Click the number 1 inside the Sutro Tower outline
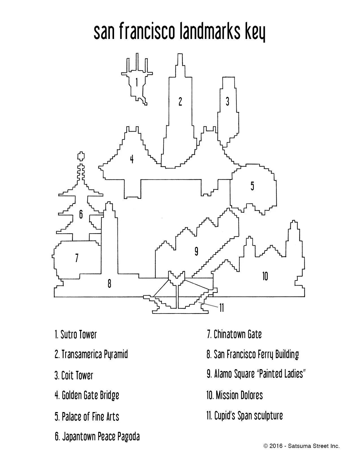coord(137,82)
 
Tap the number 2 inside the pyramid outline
coord(180,101)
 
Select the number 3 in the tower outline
coord(228,101)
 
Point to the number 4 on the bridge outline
coord(132,159)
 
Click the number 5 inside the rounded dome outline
coord(252,186)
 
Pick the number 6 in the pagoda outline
coord(81,215)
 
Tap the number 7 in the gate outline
coord(77,258)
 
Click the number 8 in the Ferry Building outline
coord(110,283)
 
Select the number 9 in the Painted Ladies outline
coord(197,251)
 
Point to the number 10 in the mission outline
coord(265,276)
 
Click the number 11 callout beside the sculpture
coord(222,308)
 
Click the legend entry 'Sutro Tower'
coord(76,335)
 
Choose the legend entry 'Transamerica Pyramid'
coord(91,354)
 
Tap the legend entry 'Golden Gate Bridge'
coord(87,395)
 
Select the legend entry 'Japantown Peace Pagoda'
coord(97,437)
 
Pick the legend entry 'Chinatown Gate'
coord(234,334)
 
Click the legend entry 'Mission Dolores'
coord(234,395)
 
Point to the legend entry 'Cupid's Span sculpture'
coord(245,416)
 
